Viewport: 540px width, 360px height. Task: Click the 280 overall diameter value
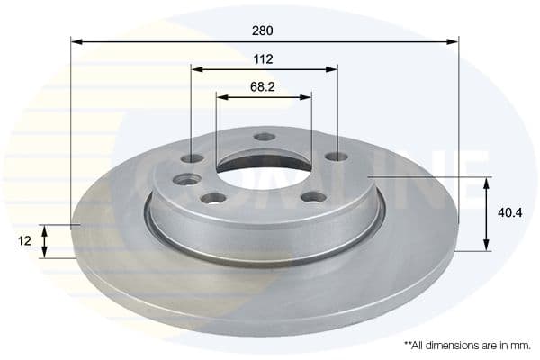pos(263,30)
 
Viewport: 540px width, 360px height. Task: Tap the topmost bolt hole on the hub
pos(264,137)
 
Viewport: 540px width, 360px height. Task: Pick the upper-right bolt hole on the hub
pos(336,157)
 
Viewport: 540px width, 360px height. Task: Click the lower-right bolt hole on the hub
pos(313,197)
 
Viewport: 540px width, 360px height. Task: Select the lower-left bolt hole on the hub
pos(213,198)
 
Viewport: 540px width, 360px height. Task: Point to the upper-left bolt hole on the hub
pos(192,158)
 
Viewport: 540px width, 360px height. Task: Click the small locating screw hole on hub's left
pos(187,179)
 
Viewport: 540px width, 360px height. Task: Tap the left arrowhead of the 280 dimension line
pos(76,41)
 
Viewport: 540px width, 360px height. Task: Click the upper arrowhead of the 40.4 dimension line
pos(487,183)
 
